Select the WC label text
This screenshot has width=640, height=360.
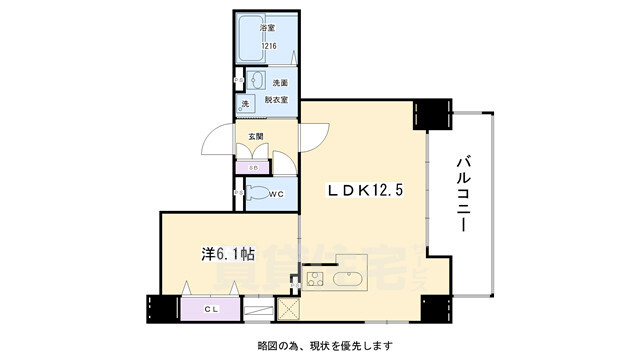(277, 195)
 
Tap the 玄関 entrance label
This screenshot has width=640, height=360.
(254, 135)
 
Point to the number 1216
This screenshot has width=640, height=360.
(269, 46)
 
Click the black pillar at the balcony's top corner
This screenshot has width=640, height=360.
(432, 113)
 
